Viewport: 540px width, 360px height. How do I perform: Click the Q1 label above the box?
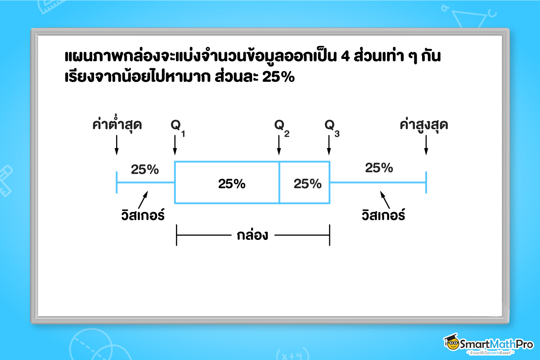(177, 126)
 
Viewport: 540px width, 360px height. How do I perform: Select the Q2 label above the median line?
(281, 126)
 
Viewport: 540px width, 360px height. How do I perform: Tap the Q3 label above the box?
(332, 126)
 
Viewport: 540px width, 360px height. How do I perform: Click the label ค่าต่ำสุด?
(117, 125)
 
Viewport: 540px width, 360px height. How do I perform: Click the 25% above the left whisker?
(144, 170)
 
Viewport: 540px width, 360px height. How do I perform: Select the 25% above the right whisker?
(379, 168)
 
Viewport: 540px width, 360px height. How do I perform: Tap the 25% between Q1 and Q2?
(232, 184)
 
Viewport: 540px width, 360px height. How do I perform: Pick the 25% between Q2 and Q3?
(307, 184)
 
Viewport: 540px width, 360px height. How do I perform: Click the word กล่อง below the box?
(252, 235)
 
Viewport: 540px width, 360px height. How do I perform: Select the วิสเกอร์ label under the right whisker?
(383, 215)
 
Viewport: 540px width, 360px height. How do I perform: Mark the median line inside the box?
(279, 182)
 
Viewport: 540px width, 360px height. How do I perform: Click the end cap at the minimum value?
(117, 182)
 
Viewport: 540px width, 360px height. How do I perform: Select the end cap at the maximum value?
(426, 182)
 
